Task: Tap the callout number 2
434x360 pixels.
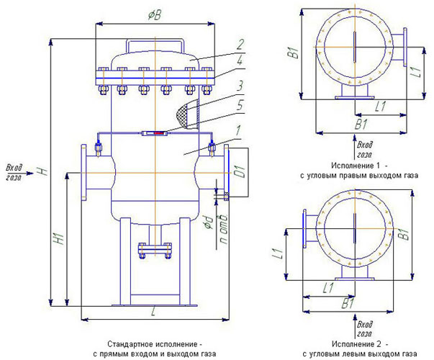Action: pyautogui.click(x=240, y=45)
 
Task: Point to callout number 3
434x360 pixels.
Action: pyautogui.click(x=240, y=86)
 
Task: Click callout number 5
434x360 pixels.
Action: pyautogui.click(x=240, y=105)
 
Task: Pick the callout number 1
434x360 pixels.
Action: pyautogui.click(x=238, y=130)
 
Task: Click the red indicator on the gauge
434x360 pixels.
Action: pyautogui.click(x=159, y=133)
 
